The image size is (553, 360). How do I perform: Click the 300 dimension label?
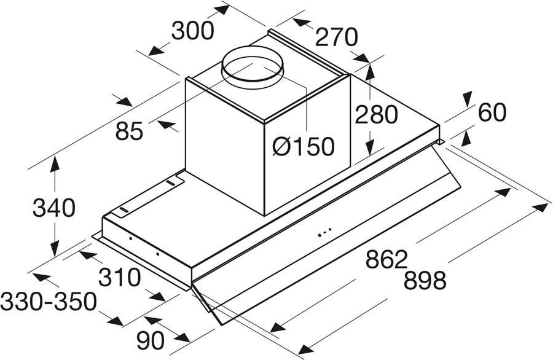point(192,31)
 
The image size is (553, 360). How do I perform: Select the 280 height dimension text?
point(376,115)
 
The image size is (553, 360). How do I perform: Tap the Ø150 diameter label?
point(304,146)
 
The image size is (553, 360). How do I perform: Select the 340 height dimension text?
point(53,208)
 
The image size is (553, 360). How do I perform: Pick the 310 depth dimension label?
point(119,278)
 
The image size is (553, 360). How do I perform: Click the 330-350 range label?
point(49,302)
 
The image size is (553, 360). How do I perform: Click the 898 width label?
point(425,281)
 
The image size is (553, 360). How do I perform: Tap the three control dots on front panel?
point(325,232)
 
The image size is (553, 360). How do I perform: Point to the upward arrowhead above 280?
point(369,71)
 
